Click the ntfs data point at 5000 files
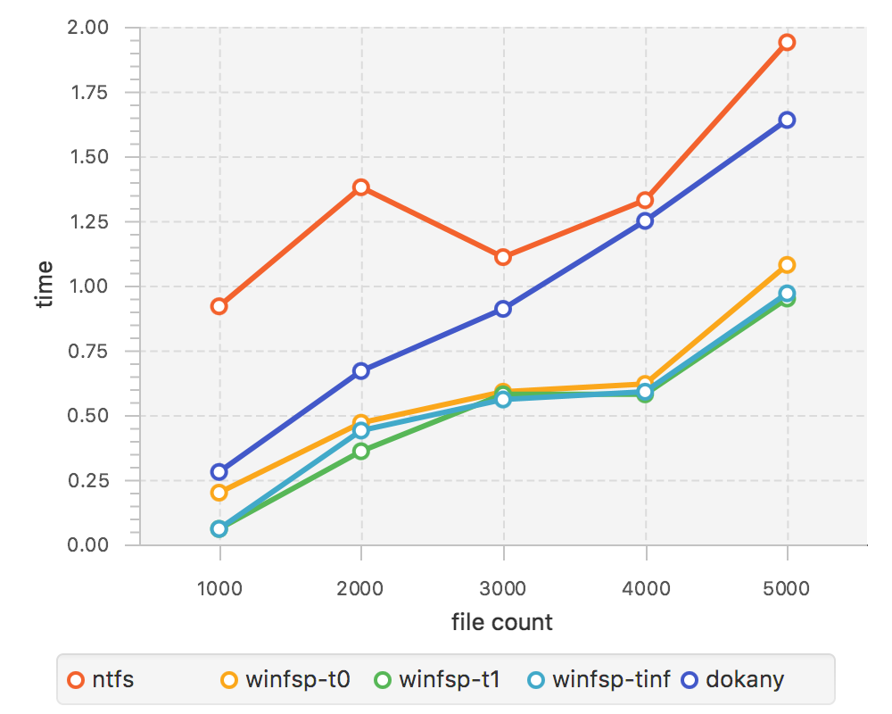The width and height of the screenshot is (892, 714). pos(787,42)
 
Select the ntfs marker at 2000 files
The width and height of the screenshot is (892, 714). pos(361,187)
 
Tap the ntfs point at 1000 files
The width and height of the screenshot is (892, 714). pos(219,306)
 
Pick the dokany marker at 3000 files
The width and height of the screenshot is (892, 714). pos(503,309)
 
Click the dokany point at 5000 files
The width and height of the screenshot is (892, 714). pos(787,120)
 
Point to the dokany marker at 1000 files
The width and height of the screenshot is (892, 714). pos(219,471)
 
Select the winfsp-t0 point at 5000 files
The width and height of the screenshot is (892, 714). pos(787,265)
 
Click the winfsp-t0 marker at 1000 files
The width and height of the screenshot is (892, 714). pos(219,493)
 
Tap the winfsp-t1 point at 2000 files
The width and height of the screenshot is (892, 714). pos(361,451)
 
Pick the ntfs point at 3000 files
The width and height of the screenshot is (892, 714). pos(503,257)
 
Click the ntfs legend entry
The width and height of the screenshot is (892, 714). pos(102,680)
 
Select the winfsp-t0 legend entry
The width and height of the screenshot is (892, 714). pos(285,680)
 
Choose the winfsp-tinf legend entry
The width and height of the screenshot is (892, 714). pos(599,680)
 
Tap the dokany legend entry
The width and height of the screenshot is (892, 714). pos(733,680)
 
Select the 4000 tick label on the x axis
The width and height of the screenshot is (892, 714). pos(645,588)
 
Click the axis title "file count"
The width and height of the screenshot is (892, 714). pos(502,622)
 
